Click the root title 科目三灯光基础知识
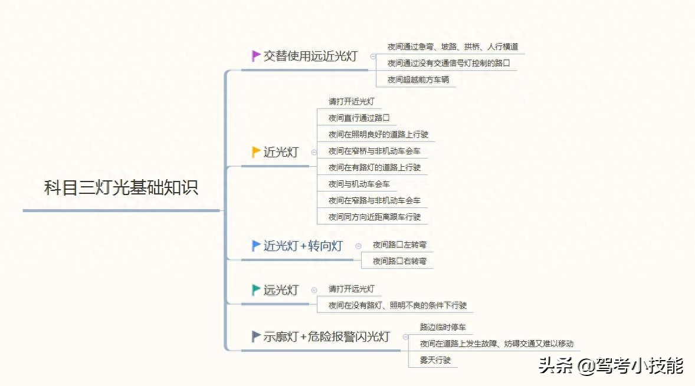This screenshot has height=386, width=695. point(121,187)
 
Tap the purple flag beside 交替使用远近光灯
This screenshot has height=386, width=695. point(255,56)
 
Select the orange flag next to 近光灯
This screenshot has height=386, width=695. point(255,152)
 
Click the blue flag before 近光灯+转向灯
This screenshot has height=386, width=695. point(255,246)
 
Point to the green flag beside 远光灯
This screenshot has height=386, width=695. point(255,290)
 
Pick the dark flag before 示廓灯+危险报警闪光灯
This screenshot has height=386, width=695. point(255,336)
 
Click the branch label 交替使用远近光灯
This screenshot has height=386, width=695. point(310,56)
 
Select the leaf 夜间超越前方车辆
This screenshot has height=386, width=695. point(418,80)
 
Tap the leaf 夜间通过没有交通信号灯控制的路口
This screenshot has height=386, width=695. point(448,63)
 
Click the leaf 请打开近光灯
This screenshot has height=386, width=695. point(352,101)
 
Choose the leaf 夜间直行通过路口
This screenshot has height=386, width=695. point(359,118)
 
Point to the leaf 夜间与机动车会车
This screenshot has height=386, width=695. point(359,184)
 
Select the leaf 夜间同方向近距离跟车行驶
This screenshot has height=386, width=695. point(375,217)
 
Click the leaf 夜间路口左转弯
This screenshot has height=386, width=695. point(400,245)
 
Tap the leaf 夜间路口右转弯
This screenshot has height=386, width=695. point(400,261)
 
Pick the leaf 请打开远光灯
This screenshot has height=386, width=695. point(352,289)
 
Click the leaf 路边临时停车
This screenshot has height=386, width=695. point(443,327)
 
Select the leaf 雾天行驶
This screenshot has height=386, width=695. point(435,360)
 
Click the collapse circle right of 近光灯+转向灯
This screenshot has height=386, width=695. point(358,246)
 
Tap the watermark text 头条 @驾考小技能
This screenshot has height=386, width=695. point(611,366)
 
